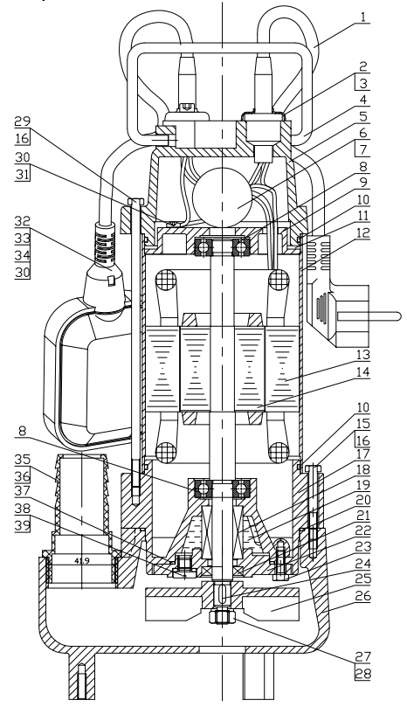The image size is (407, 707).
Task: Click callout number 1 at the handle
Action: (x=363, y=17)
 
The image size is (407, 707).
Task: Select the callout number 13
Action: (x=362, y=356)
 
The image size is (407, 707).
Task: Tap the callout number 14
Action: (x=362, y=372)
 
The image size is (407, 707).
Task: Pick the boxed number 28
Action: (x=362, y=674)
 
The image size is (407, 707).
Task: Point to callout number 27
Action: (x=362, y=656)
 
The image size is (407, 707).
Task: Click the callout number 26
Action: (x=362, y=596)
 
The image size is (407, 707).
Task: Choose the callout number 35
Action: (x=23, y=460)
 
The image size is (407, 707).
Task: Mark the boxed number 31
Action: (x=23, y=174)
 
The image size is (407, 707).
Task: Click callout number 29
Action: (x=23, y=121)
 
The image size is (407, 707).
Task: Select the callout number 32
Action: (x=23, y=221)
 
